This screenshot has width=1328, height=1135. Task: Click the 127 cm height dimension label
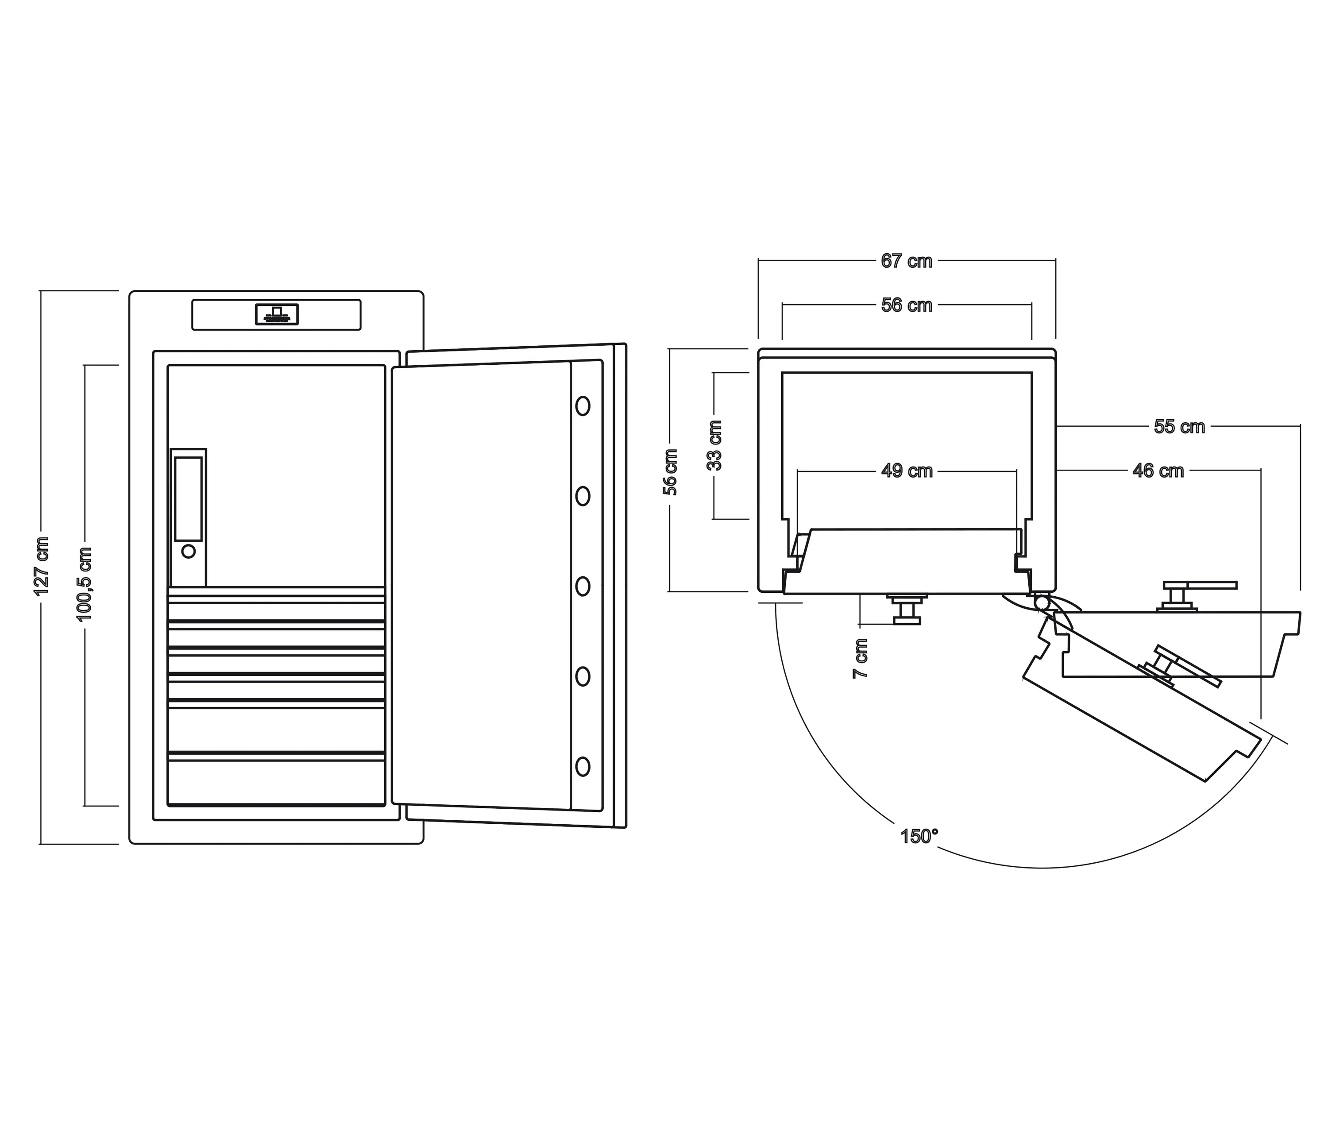point(42,565)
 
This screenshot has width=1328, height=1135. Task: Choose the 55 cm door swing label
point(1179,427)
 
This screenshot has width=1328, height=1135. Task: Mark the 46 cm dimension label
point(1158,471)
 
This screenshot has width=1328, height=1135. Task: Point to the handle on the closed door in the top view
point(906,609)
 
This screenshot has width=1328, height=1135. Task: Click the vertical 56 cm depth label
point(670,472)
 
